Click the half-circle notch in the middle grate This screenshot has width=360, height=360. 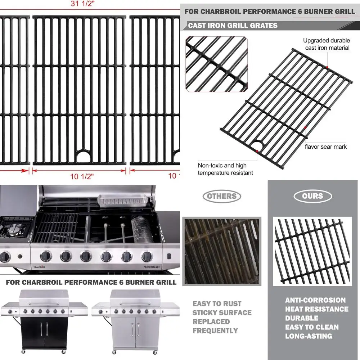(x=84, y=157)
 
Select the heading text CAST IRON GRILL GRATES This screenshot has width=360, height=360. (x=233, y=26)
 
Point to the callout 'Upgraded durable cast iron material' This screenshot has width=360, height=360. (x=326, y=44)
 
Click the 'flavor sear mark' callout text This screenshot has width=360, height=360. (x=326, y=147)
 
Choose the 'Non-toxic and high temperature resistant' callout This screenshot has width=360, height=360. (x=225, y=169)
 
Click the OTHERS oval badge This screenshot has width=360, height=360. (x=222, y=196)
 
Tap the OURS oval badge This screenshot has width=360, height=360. (x=312, y=196)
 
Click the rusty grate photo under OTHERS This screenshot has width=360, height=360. (x=221, y=251)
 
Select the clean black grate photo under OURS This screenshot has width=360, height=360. (x=312, y=251)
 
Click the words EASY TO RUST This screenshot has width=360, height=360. (x=217, y=304)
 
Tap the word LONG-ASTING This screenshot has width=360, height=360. (x=309, y=336)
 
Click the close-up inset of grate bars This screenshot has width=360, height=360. (x=217, y=64)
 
